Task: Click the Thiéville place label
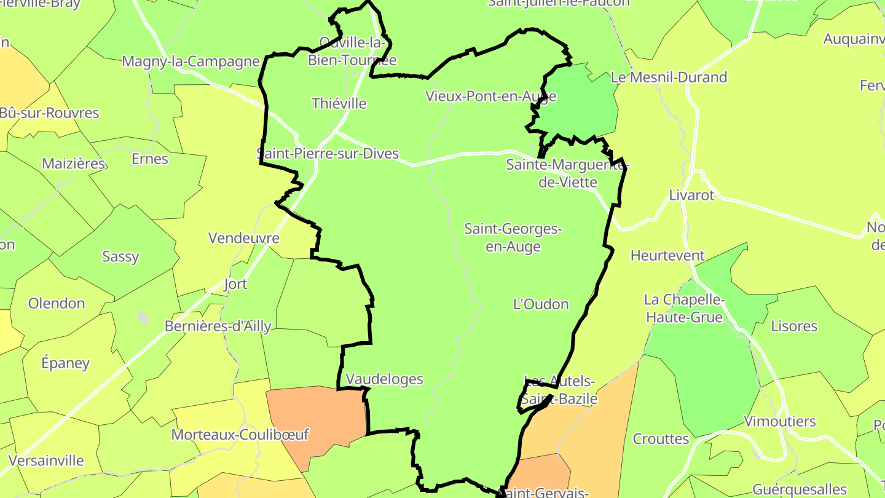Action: pos(339,103)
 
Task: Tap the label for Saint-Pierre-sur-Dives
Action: pos(328,153)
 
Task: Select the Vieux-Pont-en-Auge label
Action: pos(491,96)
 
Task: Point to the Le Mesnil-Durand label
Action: pos(669,77)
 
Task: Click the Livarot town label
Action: pos(691,195)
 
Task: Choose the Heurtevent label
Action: pos(667,255)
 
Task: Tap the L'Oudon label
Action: pos(541,304)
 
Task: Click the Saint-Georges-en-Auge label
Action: pos(513,237)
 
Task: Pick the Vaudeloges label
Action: pos(385,379)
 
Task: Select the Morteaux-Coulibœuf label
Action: pos(240,434)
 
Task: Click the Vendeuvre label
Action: pos(244,238)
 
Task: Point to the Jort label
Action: pos(235,283)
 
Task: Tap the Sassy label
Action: pos(120,256)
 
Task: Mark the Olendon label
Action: pos(57,303)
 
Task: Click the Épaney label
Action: pos(65,363)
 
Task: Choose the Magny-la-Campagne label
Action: pos(191,61)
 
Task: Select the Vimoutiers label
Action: pos(780,421)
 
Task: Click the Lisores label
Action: pos(794,326)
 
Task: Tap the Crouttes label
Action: pos(661,438)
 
